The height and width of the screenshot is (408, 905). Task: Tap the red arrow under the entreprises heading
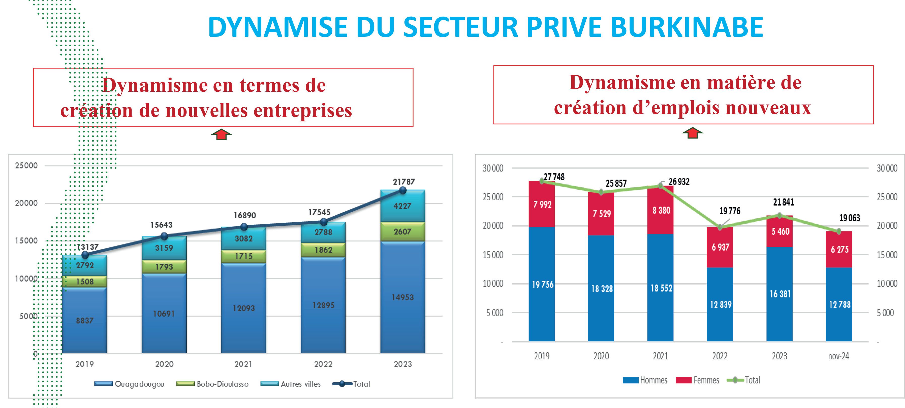click(221, 134)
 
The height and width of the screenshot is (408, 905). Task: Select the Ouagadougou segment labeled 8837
click(85, 320)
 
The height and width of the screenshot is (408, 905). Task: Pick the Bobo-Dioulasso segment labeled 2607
click(403, 231)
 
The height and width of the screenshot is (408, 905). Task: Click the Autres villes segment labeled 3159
click(164, 248)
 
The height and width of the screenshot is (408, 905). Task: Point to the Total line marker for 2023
click(403, 190)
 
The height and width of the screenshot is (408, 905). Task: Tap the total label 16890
click(245, 215)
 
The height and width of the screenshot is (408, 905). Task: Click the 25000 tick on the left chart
click(26, 165)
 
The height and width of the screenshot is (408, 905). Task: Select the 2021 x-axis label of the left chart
click(243, 364)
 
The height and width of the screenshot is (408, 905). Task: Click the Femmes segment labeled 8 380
click(661, 210)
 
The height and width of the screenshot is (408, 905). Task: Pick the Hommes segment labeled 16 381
click(780, 294)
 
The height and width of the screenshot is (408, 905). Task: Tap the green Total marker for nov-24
click(839, 231)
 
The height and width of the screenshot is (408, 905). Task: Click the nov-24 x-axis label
click(839, 356)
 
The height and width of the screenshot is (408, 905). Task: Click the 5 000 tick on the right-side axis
click(885, 313)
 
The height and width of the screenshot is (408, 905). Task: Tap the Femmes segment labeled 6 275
click(839, 249)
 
